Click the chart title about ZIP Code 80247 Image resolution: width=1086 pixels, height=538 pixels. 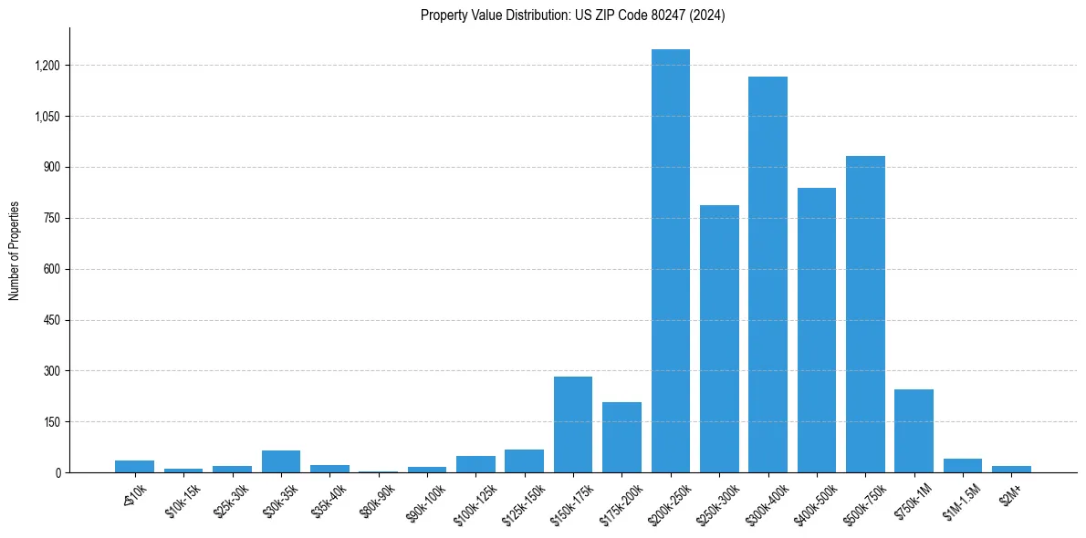(572, 16)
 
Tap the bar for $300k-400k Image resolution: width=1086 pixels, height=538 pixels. (768, 274)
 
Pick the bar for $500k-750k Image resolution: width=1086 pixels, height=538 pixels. (865, 315)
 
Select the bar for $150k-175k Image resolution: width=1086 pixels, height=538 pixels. (573, 425)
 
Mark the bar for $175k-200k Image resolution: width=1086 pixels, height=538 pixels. (621, 438)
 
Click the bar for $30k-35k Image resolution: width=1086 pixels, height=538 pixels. (281, 461)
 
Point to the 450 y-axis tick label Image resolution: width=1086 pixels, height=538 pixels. (52, 320)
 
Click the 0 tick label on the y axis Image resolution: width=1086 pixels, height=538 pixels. (57, 473)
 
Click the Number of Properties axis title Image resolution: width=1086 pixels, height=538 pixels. (16, 251)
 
